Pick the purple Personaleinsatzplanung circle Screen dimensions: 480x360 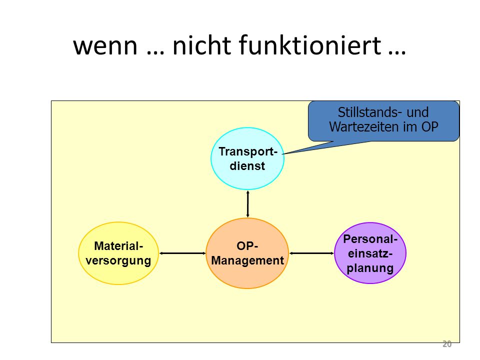click(370, 275)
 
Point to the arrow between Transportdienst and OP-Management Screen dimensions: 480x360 click(247, 204)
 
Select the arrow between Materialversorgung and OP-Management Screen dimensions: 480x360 click(182, 253)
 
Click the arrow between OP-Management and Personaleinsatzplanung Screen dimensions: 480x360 click(311, 253)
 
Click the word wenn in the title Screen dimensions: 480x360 click(105, 46)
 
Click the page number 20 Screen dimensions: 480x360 click(447, 344)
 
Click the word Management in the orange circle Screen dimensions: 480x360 click(247, 260)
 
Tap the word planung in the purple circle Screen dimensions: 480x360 click(370, 268)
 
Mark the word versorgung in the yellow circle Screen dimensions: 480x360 click(118, 261)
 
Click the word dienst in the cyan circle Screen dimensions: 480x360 click(247, 166)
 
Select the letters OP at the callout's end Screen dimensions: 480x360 click(430, 126)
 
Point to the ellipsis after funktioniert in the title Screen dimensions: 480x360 click(397, 52)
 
